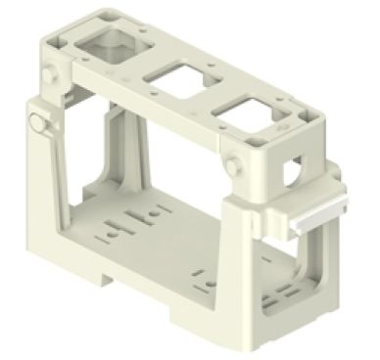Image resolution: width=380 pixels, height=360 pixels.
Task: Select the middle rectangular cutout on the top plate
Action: (173, 81)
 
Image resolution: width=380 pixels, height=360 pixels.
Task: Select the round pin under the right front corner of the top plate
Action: (237, 163)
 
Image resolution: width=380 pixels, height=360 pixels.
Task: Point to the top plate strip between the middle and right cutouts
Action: (212, 98)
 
